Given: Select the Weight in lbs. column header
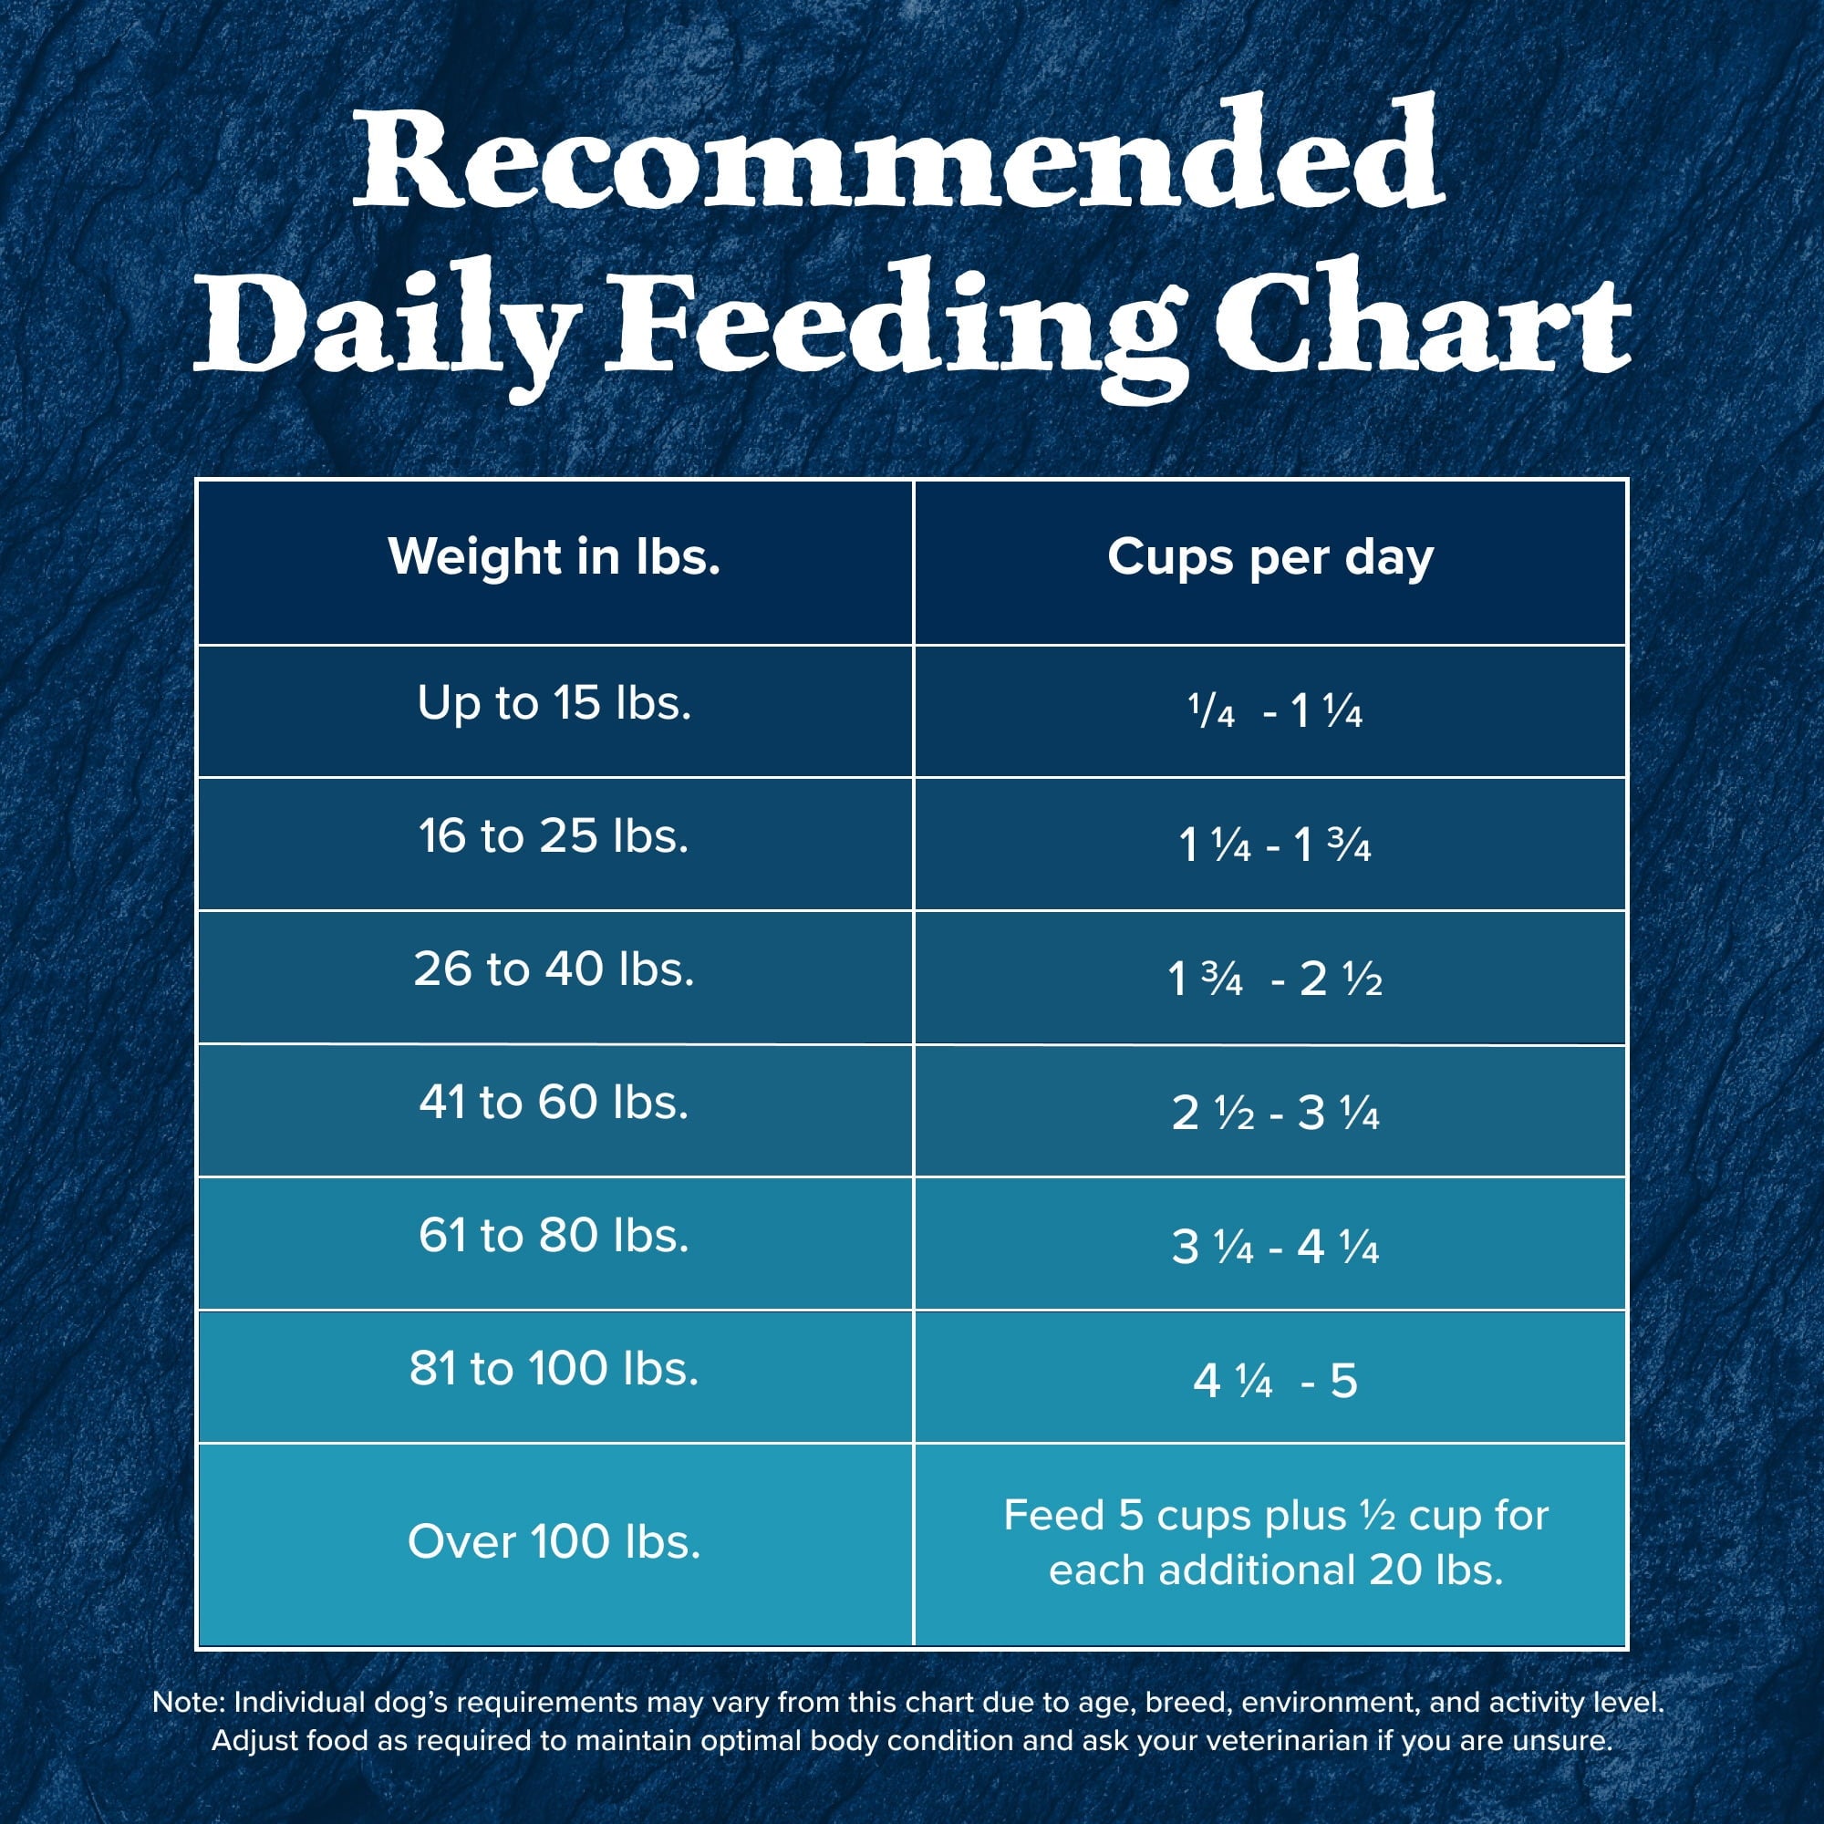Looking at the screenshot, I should point(554,557).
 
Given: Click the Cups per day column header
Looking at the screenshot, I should point(1270,558).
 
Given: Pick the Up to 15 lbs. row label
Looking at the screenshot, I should point(554,703).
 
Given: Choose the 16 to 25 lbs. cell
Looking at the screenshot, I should point(554,836).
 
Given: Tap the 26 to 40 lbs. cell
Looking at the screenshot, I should point(554,969).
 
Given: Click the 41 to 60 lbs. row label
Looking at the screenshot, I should point(554,1103).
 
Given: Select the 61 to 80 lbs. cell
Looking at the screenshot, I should point(554,1236).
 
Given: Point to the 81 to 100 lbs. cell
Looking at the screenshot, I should point(554,1369).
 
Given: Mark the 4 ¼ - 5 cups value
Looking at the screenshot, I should point(1275,1381).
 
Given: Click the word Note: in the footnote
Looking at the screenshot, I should point(189,1702).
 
